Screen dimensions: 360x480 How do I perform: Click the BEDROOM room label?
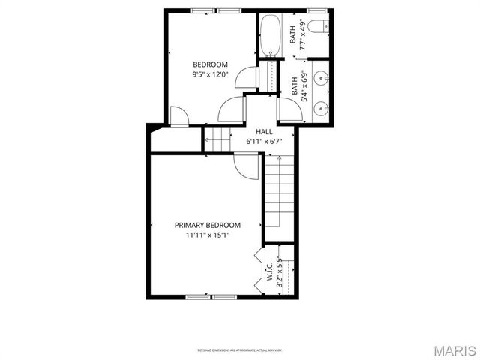coord(210,64)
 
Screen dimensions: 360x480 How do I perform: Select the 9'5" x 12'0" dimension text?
coord(210,74)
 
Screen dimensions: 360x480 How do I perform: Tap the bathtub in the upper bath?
coord(268,34)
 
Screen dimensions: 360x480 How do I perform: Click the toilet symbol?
coord(319,28)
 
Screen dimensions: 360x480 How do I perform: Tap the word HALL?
coord(264,130)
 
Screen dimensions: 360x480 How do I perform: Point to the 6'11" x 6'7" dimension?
coord(264,141)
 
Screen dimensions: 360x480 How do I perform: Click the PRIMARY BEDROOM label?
coord(208,225)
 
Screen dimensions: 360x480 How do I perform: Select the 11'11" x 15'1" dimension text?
coord(208,235)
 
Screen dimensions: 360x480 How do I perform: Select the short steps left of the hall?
coord(217,139)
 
